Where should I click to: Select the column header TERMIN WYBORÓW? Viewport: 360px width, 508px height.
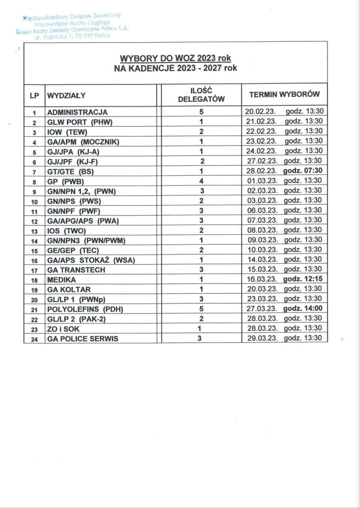tap(284, 94)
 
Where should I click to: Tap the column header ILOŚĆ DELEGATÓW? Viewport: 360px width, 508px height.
tap(201, 94)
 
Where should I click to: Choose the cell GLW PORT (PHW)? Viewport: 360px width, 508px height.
tap(76, 122)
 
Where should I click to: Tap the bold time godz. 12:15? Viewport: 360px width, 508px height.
tap(303, 279)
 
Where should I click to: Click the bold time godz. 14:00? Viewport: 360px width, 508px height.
tap(303, 308)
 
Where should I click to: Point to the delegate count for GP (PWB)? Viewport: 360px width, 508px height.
tap(201, 181)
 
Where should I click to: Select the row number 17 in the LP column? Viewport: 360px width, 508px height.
tap(34, 270)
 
